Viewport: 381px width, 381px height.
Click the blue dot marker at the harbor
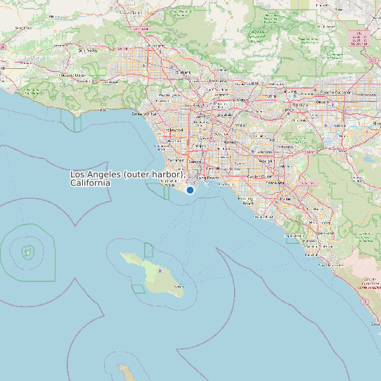point(190,190)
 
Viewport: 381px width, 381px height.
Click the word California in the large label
point(90,183)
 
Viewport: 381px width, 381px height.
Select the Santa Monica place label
point(144,113)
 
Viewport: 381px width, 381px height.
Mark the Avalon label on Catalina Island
point(178,286)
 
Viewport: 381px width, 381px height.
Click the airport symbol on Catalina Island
point(160,271)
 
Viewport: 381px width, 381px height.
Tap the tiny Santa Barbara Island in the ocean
point(28,252)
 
